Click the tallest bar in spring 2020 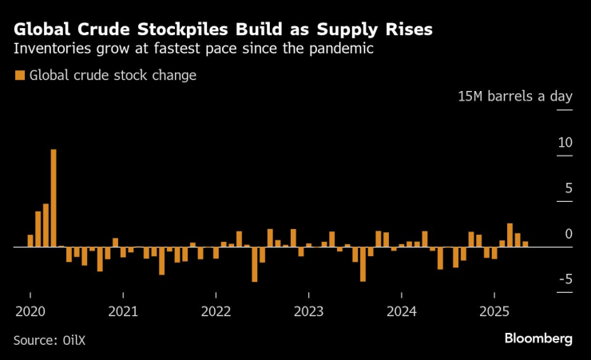pos(54,198)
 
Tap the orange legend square pos(19,76)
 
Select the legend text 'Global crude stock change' pos(113,76)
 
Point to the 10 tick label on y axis pos(565,143)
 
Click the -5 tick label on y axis pos(565,279)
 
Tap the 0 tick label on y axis pos(568,234)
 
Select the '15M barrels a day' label pos(514,97)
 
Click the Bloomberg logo pos(537,338)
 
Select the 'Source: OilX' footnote pos(49,340)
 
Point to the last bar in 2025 pos(525,244)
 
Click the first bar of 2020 pos(30,241)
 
